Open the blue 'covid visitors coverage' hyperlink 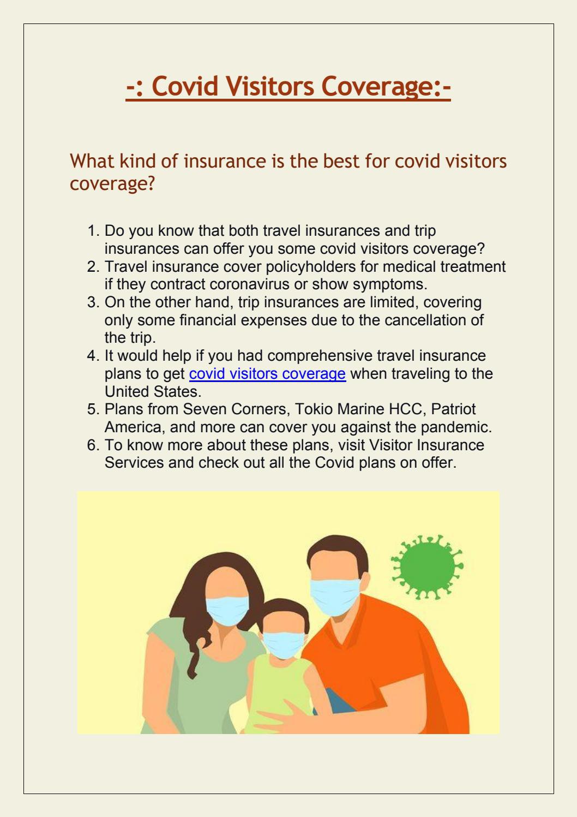(267, 374)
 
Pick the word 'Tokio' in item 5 (315, 409)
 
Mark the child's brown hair (281, 607)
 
